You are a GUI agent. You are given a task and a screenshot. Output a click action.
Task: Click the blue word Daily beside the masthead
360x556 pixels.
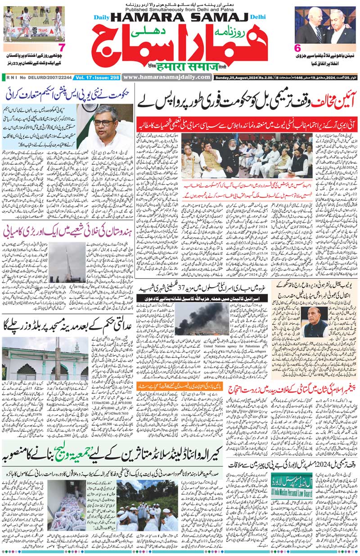[x=101, y=18]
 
